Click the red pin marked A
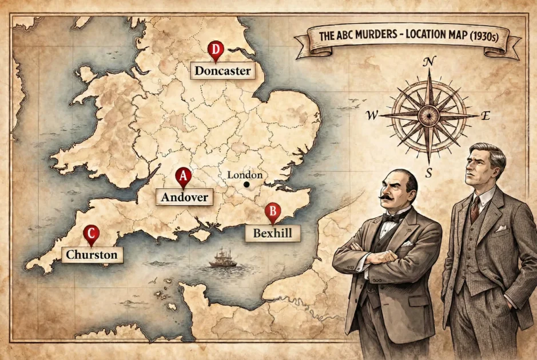tap(183, 177)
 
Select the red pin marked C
tap(91, 234)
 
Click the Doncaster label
tap(222, 71)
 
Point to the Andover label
tap(184, 197)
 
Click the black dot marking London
tap(246, 185)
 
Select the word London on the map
tap(244, 175)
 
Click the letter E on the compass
tap(486, 116)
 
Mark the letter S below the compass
tap(428, 172)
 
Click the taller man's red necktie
tap(475, 208)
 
